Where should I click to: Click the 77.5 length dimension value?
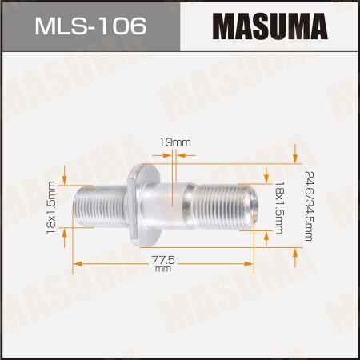[164, 260]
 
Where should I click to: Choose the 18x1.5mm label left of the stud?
[50, 206]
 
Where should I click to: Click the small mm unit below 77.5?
[164, 270]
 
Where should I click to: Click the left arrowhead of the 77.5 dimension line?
[78, 260]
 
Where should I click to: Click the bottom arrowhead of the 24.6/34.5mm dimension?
[297, 253]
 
